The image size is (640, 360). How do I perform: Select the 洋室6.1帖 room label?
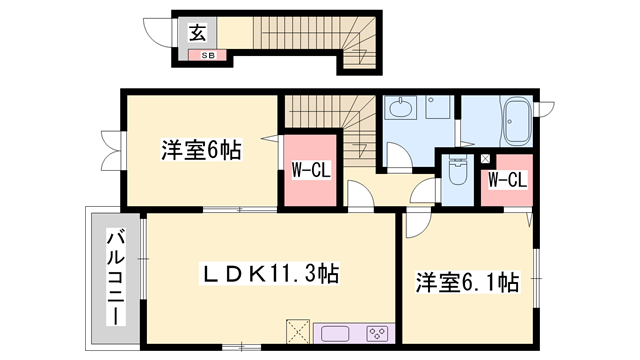click(x=467, y=283)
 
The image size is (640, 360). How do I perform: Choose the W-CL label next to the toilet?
click(x=506, y=180)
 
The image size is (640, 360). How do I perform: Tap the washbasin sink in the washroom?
click(x=403, y=107)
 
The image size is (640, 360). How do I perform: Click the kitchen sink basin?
click(x=334, y=333)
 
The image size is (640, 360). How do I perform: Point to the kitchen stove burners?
click(x=376, y=333)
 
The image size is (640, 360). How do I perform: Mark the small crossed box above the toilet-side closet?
click(x=486, y=159)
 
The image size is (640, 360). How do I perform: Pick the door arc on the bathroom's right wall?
click(x=546, y=108)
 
